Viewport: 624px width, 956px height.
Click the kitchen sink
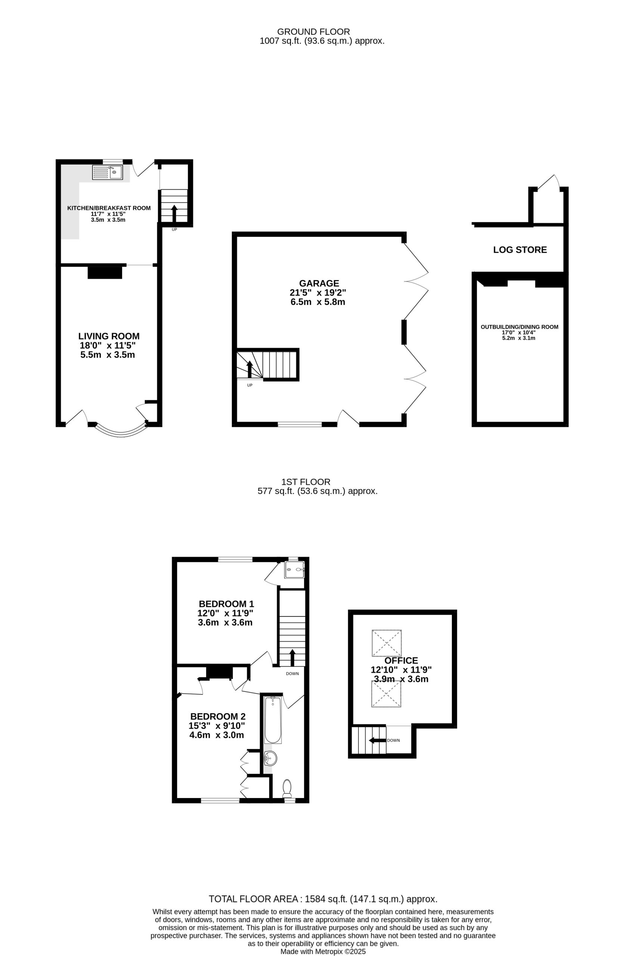click(x=107, y=172)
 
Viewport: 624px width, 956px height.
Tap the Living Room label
click(x=109, y=336)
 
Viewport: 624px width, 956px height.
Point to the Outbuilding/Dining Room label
click(x=519, y=327)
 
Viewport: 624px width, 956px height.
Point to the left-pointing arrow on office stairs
click(x=378, y=740)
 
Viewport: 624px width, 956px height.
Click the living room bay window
click(x=121, y=434)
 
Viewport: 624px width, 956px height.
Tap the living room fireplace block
click(x=105, y=272)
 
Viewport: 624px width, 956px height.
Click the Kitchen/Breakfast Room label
click(x=109, y=208)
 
